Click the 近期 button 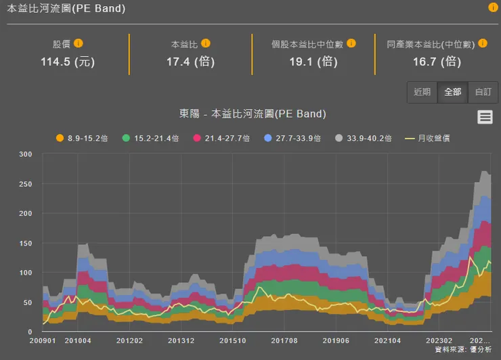(422, 91)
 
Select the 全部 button (452, 91)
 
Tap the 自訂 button (483, 91)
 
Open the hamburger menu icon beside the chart (485, 117)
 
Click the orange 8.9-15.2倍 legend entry (82, 138)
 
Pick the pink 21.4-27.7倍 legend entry (221, 138)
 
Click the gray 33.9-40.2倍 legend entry (364, 138)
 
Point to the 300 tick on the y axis (26, 154)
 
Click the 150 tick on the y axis (26, 243)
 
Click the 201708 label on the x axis (284, 340)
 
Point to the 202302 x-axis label (439, 340)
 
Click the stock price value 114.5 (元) (68, 62)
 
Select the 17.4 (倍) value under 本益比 (190, 62)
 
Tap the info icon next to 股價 (79, 43)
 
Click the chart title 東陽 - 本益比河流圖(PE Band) (253, 114)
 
